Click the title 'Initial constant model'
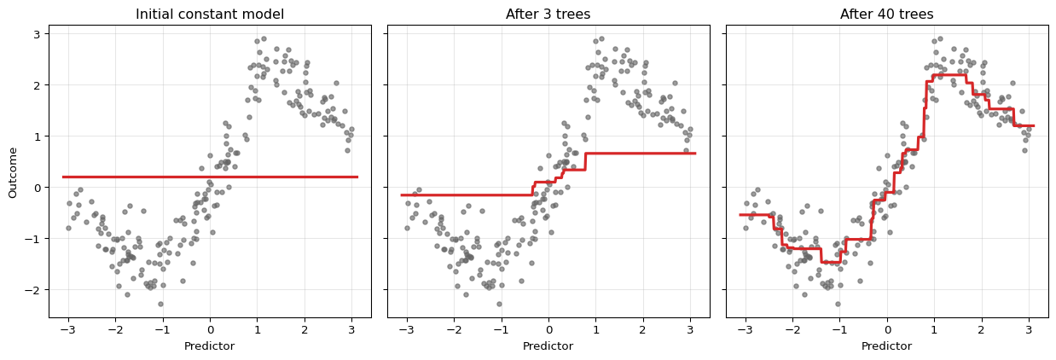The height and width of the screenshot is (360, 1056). coord(210,14)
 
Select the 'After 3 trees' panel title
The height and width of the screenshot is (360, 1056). coord(548,14)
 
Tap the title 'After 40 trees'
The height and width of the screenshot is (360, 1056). coord(886,14)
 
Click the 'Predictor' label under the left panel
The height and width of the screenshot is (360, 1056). coord(210,346)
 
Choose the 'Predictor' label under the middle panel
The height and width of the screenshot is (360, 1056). coord(548,346)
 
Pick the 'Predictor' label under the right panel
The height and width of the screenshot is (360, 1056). coord(886,346)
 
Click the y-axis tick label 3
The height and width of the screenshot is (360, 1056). coord(37,34)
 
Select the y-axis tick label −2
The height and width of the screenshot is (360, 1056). coord(34,290)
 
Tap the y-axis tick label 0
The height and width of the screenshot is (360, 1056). coord(37,188)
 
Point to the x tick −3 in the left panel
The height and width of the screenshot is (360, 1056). coord(67,330)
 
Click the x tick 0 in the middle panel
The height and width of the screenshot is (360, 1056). coord(548,330)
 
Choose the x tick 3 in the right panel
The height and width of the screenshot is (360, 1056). coord(1029,330)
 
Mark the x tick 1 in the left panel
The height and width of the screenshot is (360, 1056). coord(258,330)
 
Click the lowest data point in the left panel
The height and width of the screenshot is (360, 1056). coord(160,304)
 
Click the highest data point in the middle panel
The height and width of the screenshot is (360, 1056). coord(602,38)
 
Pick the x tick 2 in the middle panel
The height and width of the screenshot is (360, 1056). coord(643,330)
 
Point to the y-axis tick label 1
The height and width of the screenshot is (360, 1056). coord(37,136)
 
